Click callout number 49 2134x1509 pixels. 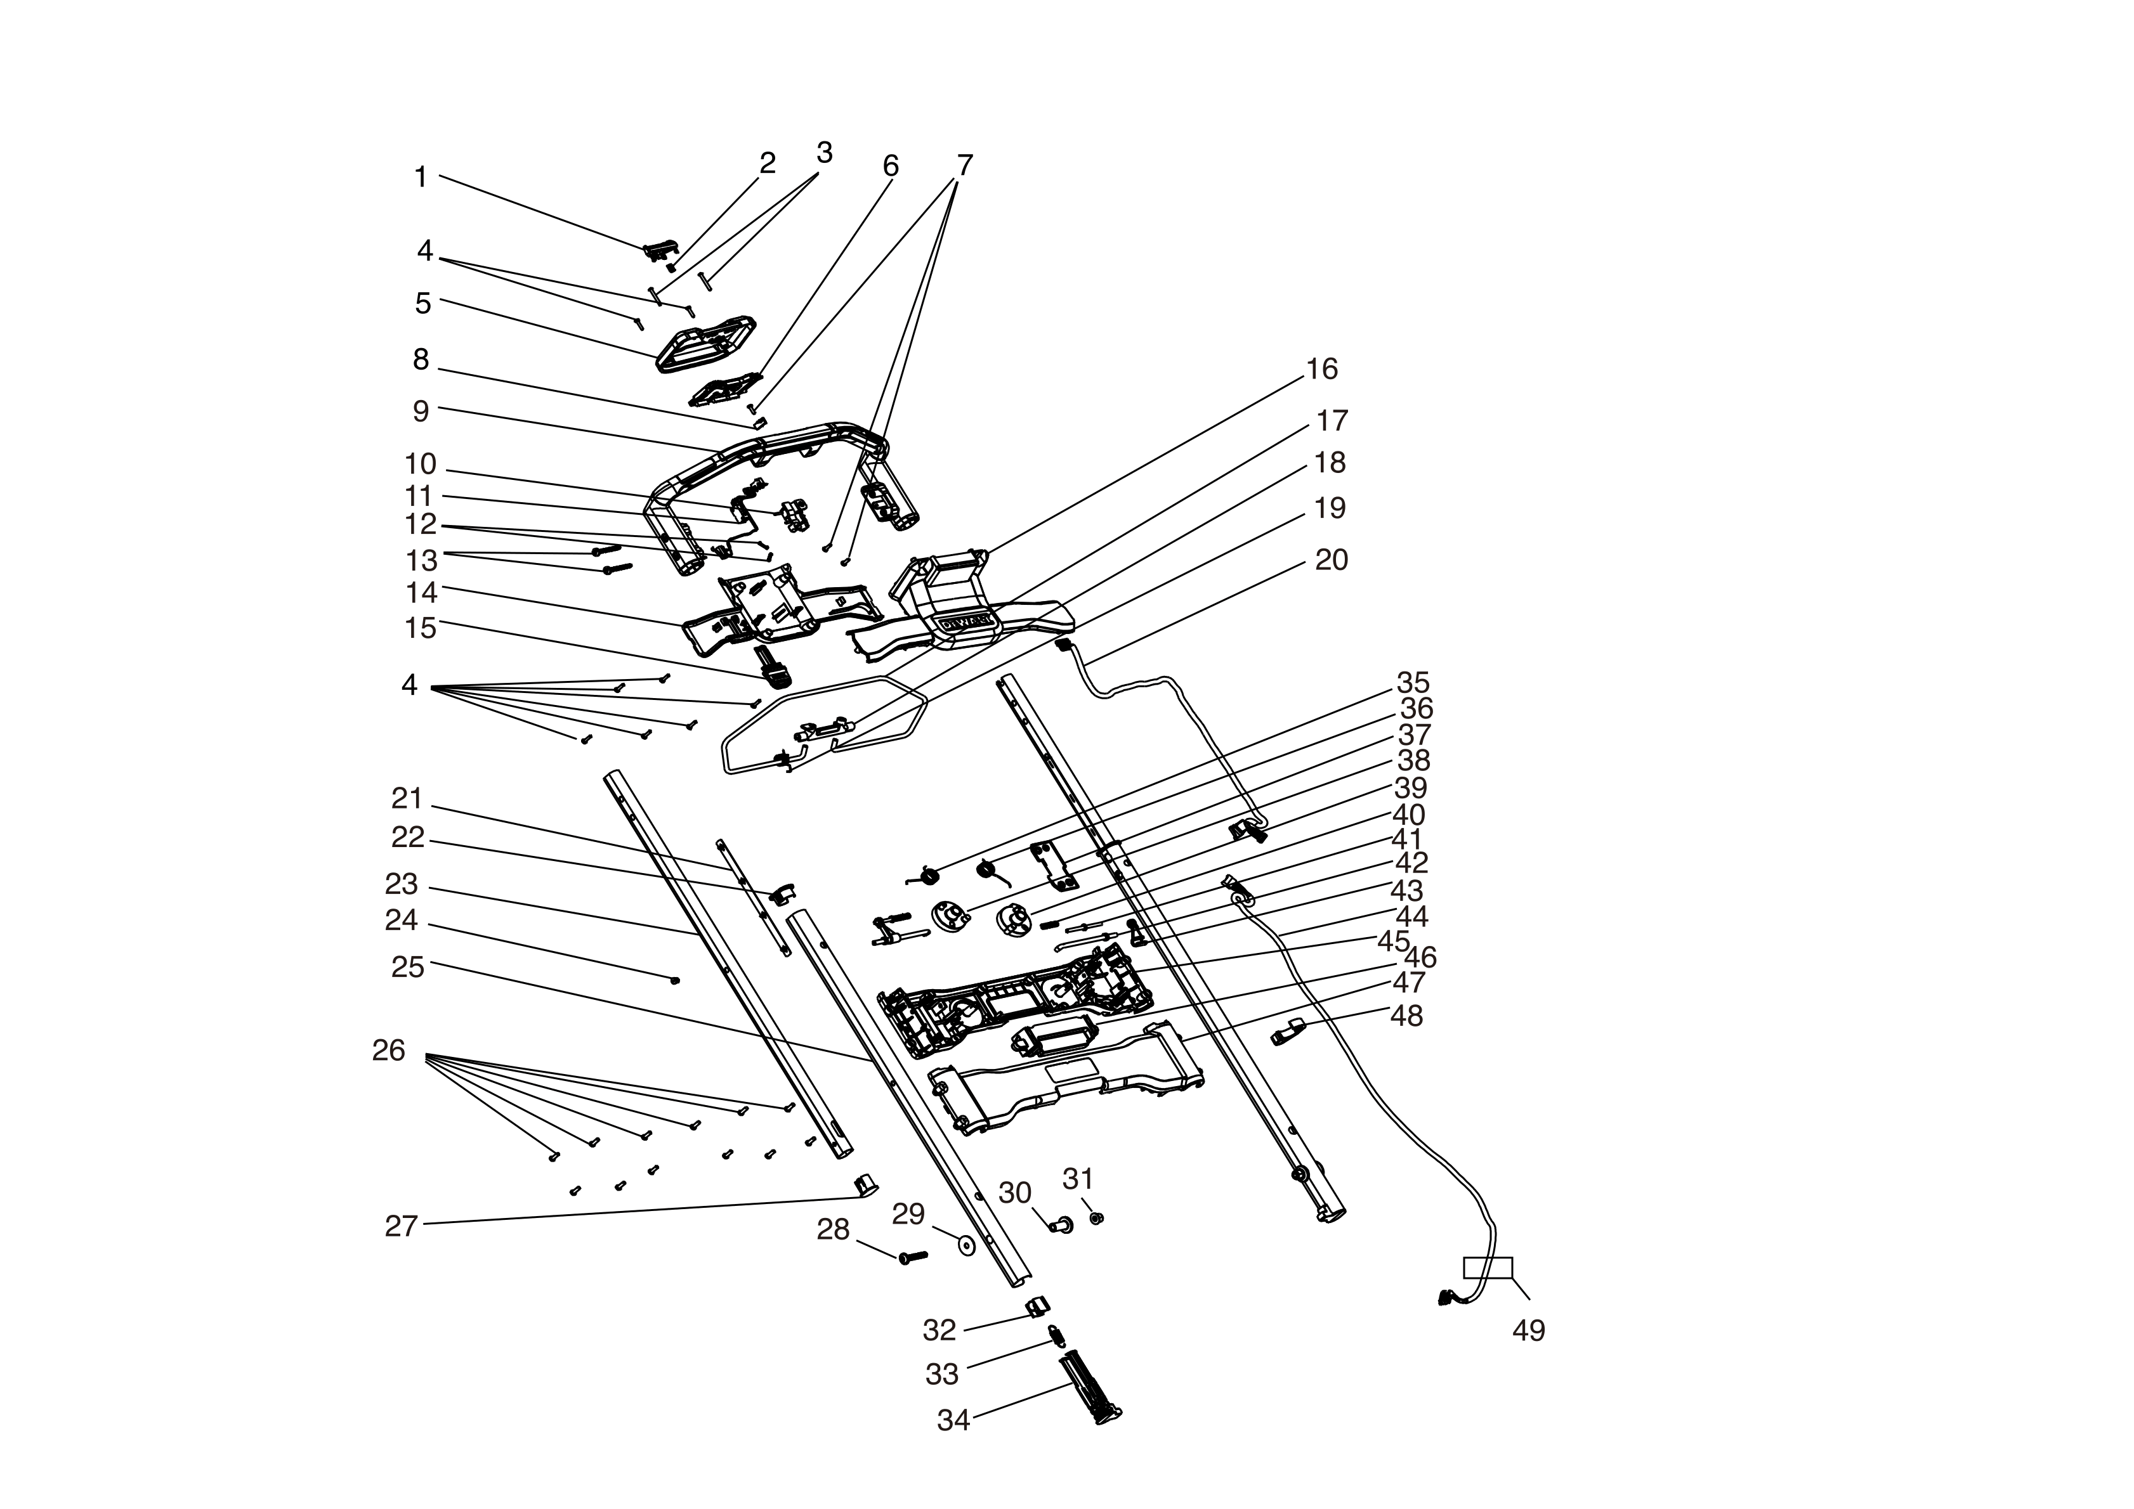[1528, 1331]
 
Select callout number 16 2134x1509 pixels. [1321, 370]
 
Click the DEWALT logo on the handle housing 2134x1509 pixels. [967, 621]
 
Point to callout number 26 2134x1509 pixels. [388, 1051]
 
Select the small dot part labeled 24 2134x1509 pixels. [676, 980]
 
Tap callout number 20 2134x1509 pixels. [1331, 560]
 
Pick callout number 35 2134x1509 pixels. [1413, 683]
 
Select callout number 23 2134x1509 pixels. [402, 884]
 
